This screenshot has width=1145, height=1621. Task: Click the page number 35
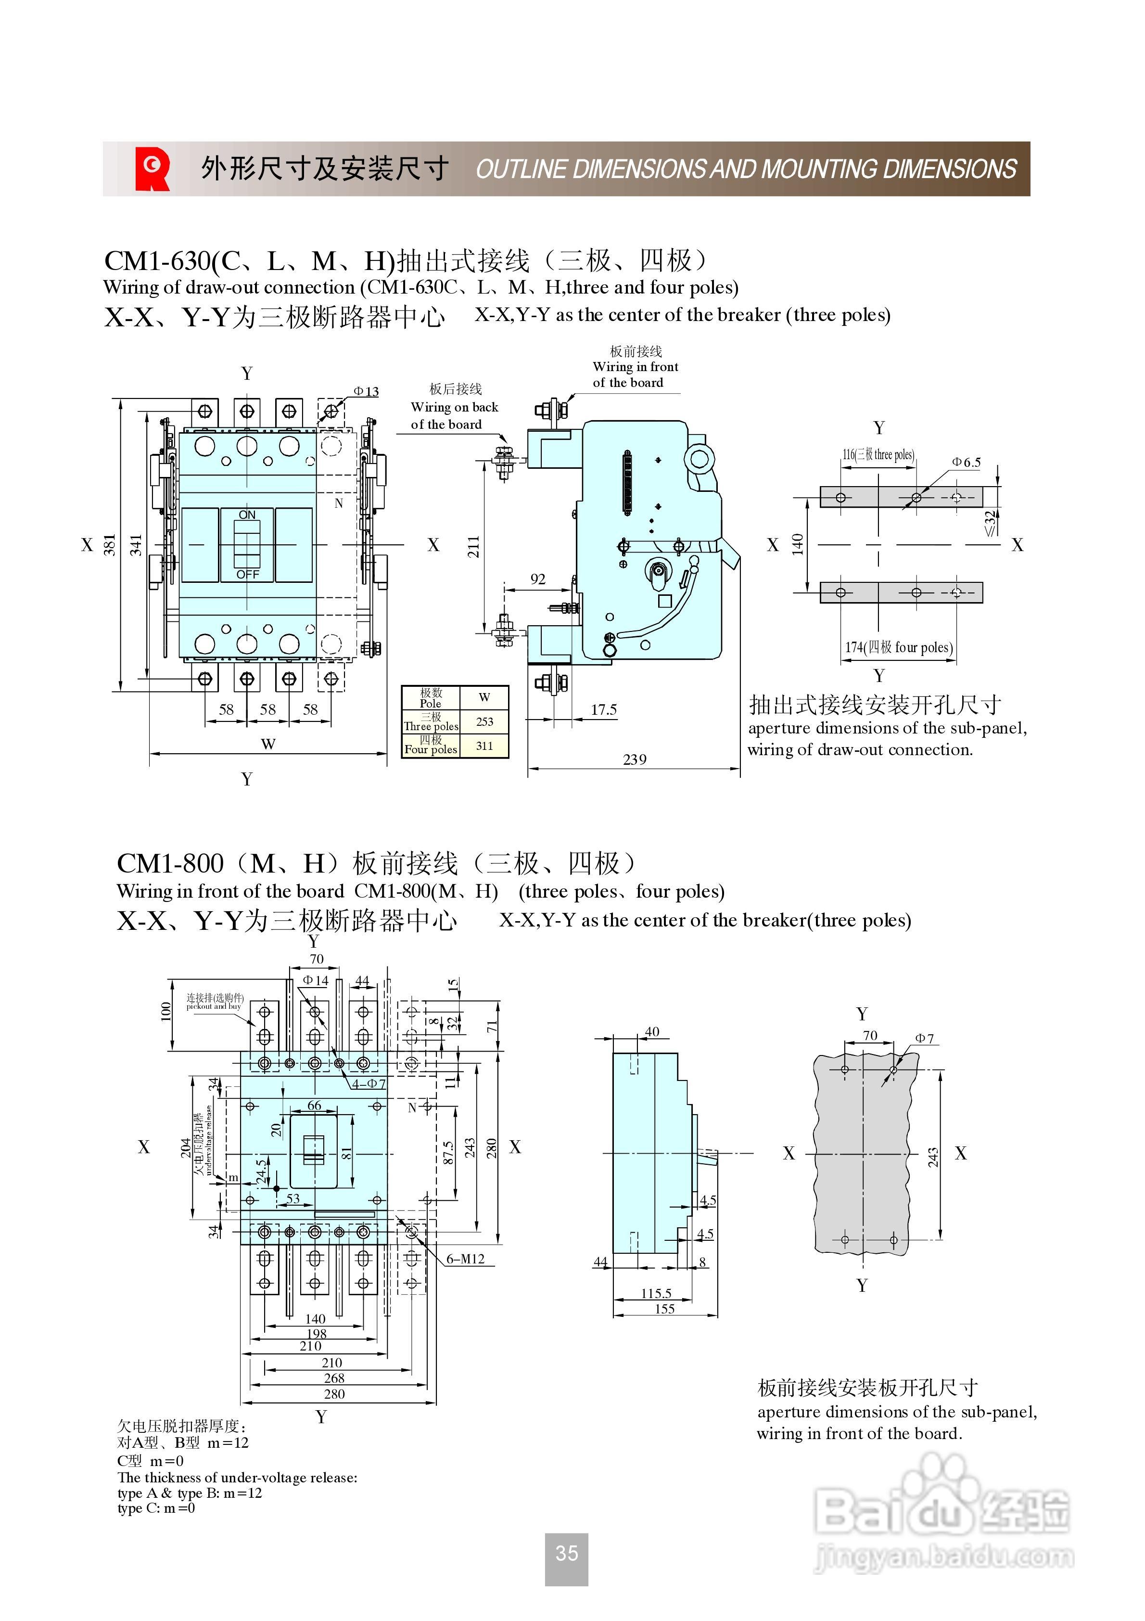pyautogui.click(x=566, y=1553)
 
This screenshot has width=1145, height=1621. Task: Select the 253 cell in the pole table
pyautogui.click(x=484, y=721)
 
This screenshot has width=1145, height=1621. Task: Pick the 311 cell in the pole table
pyautogui.click(x=484, y=746)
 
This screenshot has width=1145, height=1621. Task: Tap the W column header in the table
pyautogui.click(x=484, y=697)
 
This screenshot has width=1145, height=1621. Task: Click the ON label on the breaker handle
pyautogui.click(x=247, y=515)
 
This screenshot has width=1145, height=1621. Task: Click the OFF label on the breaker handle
pyautogui.click(x=247, y=575)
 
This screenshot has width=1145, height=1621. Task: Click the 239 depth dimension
pyautogui.click(x=634, y=759)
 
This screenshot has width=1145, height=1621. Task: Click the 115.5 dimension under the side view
pyautogui.click(x=656, y=1293)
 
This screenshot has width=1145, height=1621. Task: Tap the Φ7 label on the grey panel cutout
pyautogui.click(x=924, y=1039)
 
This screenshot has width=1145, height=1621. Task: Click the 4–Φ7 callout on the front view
pyautogui.click(x=369, y=1084)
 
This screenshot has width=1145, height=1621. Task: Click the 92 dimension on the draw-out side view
pyautogui.click(x=538, y=579)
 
